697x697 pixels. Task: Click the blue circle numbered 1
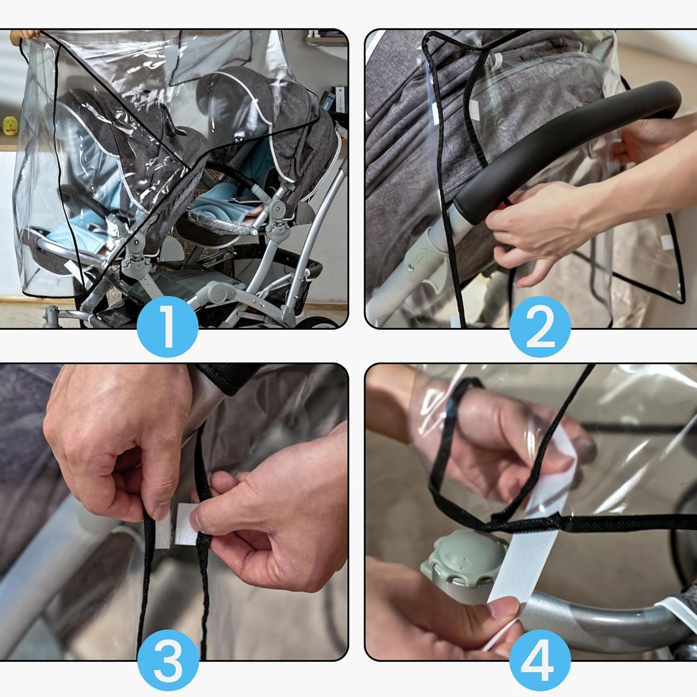(167, 327)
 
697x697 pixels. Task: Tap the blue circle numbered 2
(540, 327)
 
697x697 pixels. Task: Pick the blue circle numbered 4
(540, 660)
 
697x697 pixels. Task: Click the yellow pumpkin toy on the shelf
(10, 125)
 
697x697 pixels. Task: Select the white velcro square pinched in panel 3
(186, 523)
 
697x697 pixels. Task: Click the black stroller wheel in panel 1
(318, 323)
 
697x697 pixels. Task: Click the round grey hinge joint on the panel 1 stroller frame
(278, 208)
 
